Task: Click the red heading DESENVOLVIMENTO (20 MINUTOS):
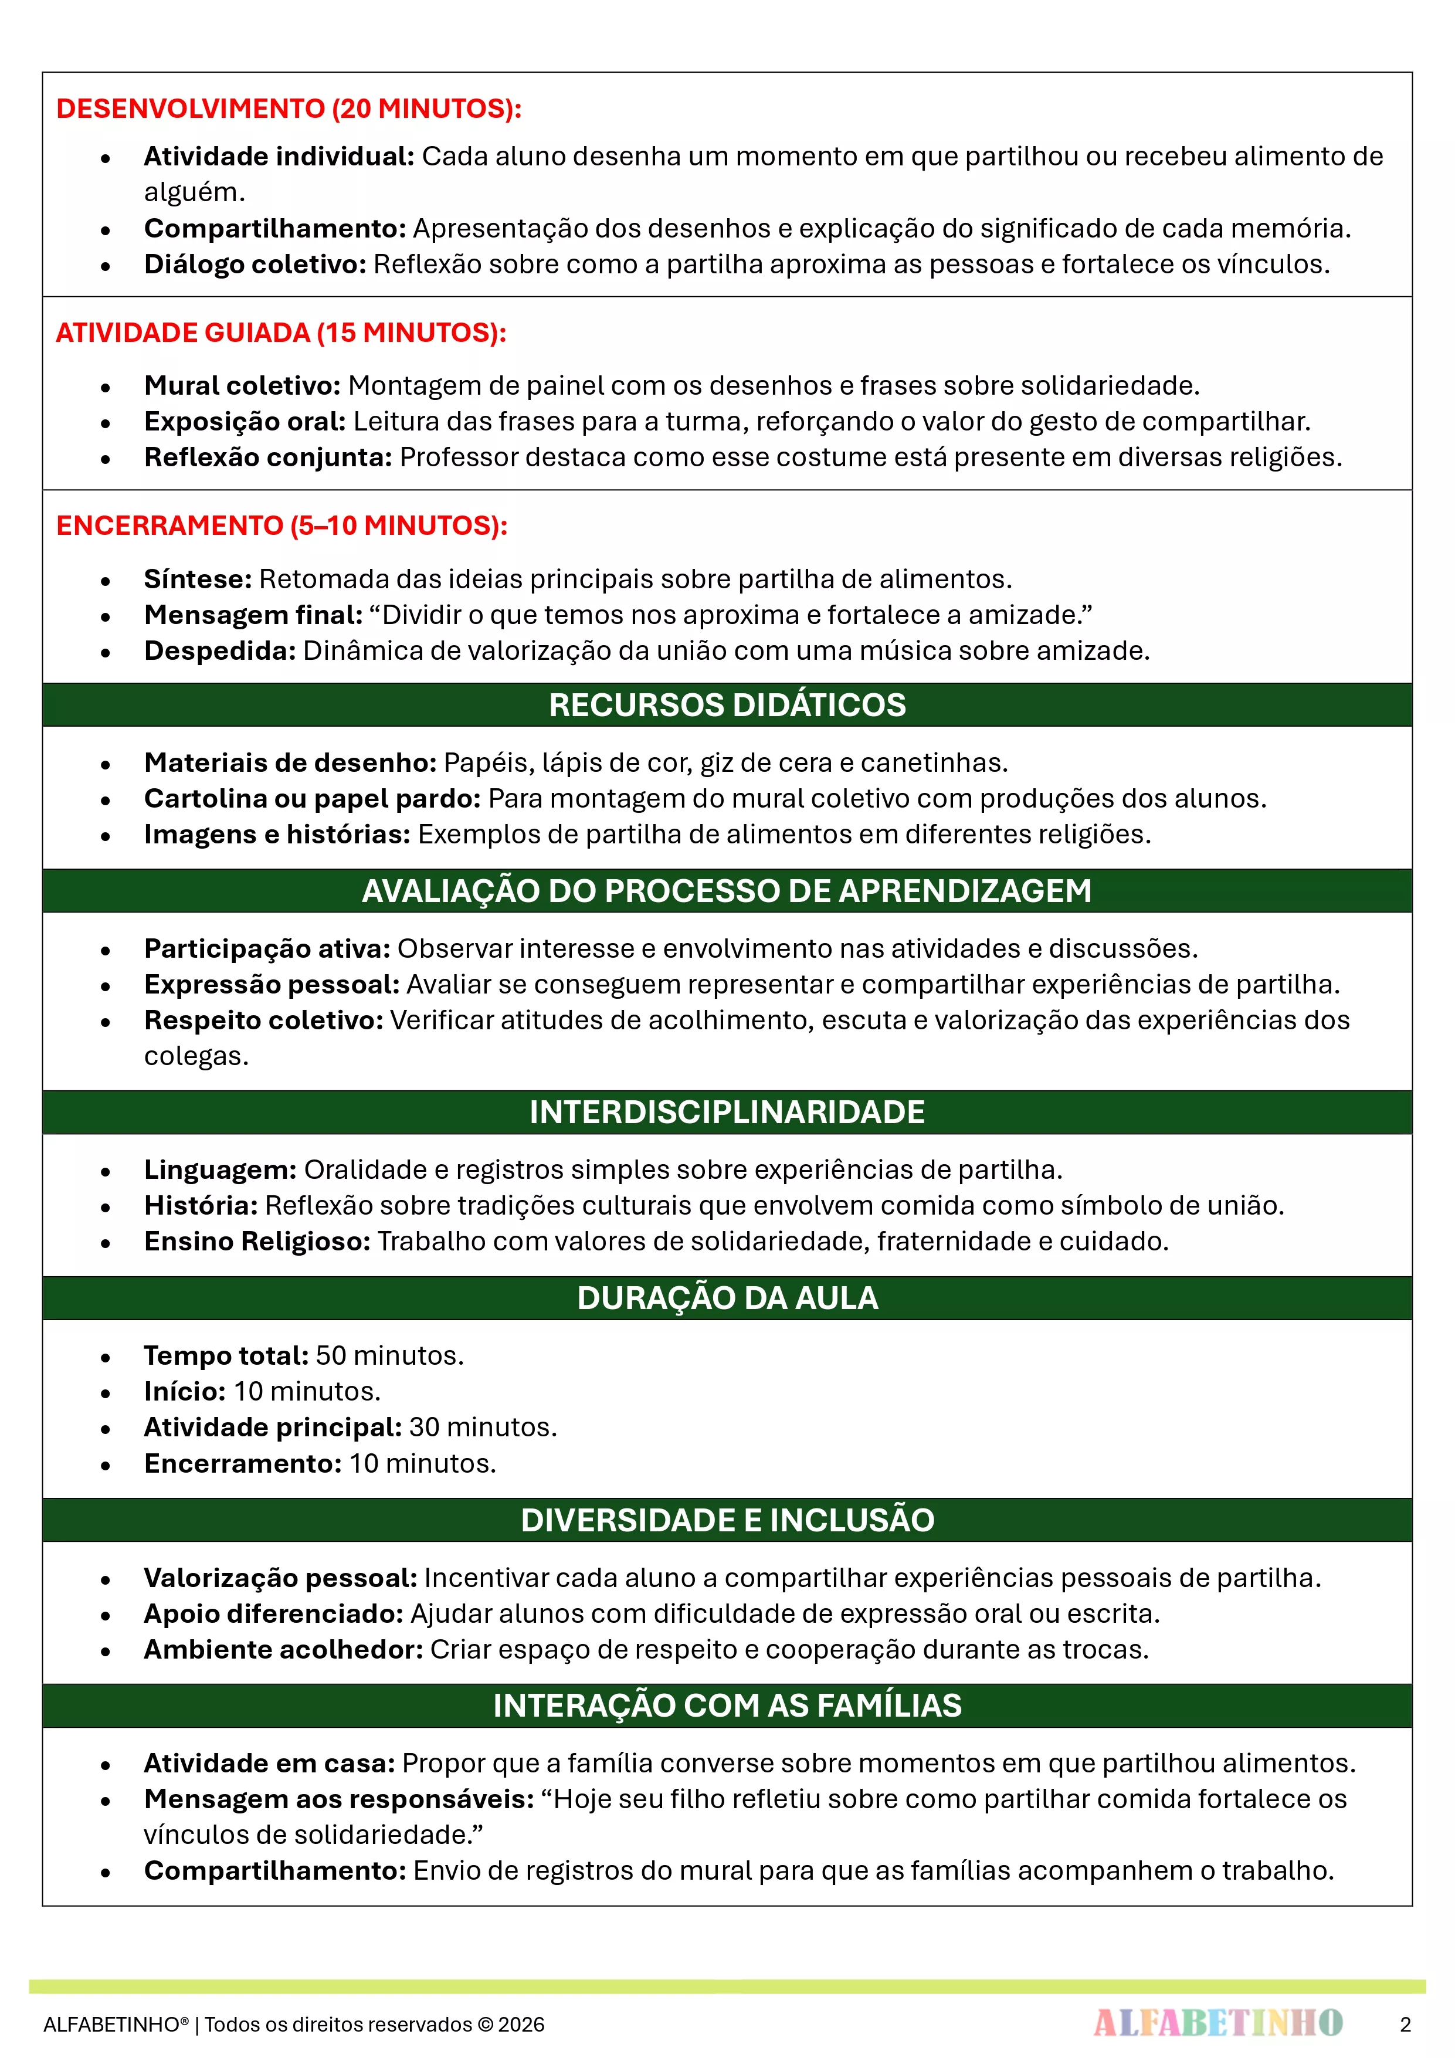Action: (x=289, y=109)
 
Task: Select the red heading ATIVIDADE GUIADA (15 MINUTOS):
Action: (x=280, y=333)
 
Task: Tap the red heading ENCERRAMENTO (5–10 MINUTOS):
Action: (x=281, y=525)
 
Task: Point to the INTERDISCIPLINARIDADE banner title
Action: (x=727, y=1113)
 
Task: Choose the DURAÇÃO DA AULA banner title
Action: (x=727, y=1298)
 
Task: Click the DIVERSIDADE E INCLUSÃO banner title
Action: (x=727, y=1520)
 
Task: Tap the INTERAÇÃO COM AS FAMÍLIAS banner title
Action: (x=727, y=1706)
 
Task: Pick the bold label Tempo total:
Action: (x=226, y=1355)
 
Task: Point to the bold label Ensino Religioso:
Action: (x=257, y=1242)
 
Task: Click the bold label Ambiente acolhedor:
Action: (x=283, y=1649)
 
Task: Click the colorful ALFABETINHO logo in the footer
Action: (x=1217, y=2023)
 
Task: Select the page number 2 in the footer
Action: (x=1405, y=2025)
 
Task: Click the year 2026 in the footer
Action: (x=521, y=2025)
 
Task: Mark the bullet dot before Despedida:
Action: (x=106, y=653)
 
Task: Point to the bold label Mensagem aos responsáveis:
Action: (x=339, y=1799)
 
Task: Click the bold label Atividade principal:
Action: (x=273, y=1427)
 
